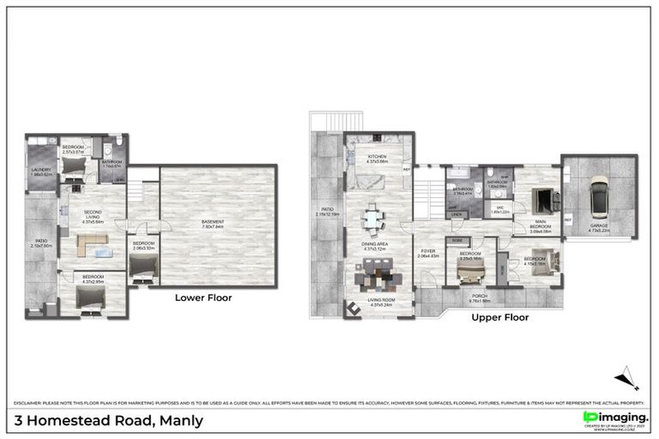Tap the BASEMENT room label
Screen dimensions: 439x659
(213, 224)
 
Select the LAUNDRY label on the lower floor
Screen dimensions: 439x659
(41, 170)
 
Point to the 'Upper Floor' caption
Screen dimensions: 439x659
(499, 317)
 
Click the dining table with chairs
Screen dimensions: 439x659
(372, 219)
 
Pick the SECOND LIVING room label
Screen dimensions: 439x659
(92, 214)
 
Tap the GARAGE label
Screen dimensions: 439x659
(598, 227)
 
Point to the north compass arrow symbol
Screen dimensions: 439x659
(626, 377)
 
